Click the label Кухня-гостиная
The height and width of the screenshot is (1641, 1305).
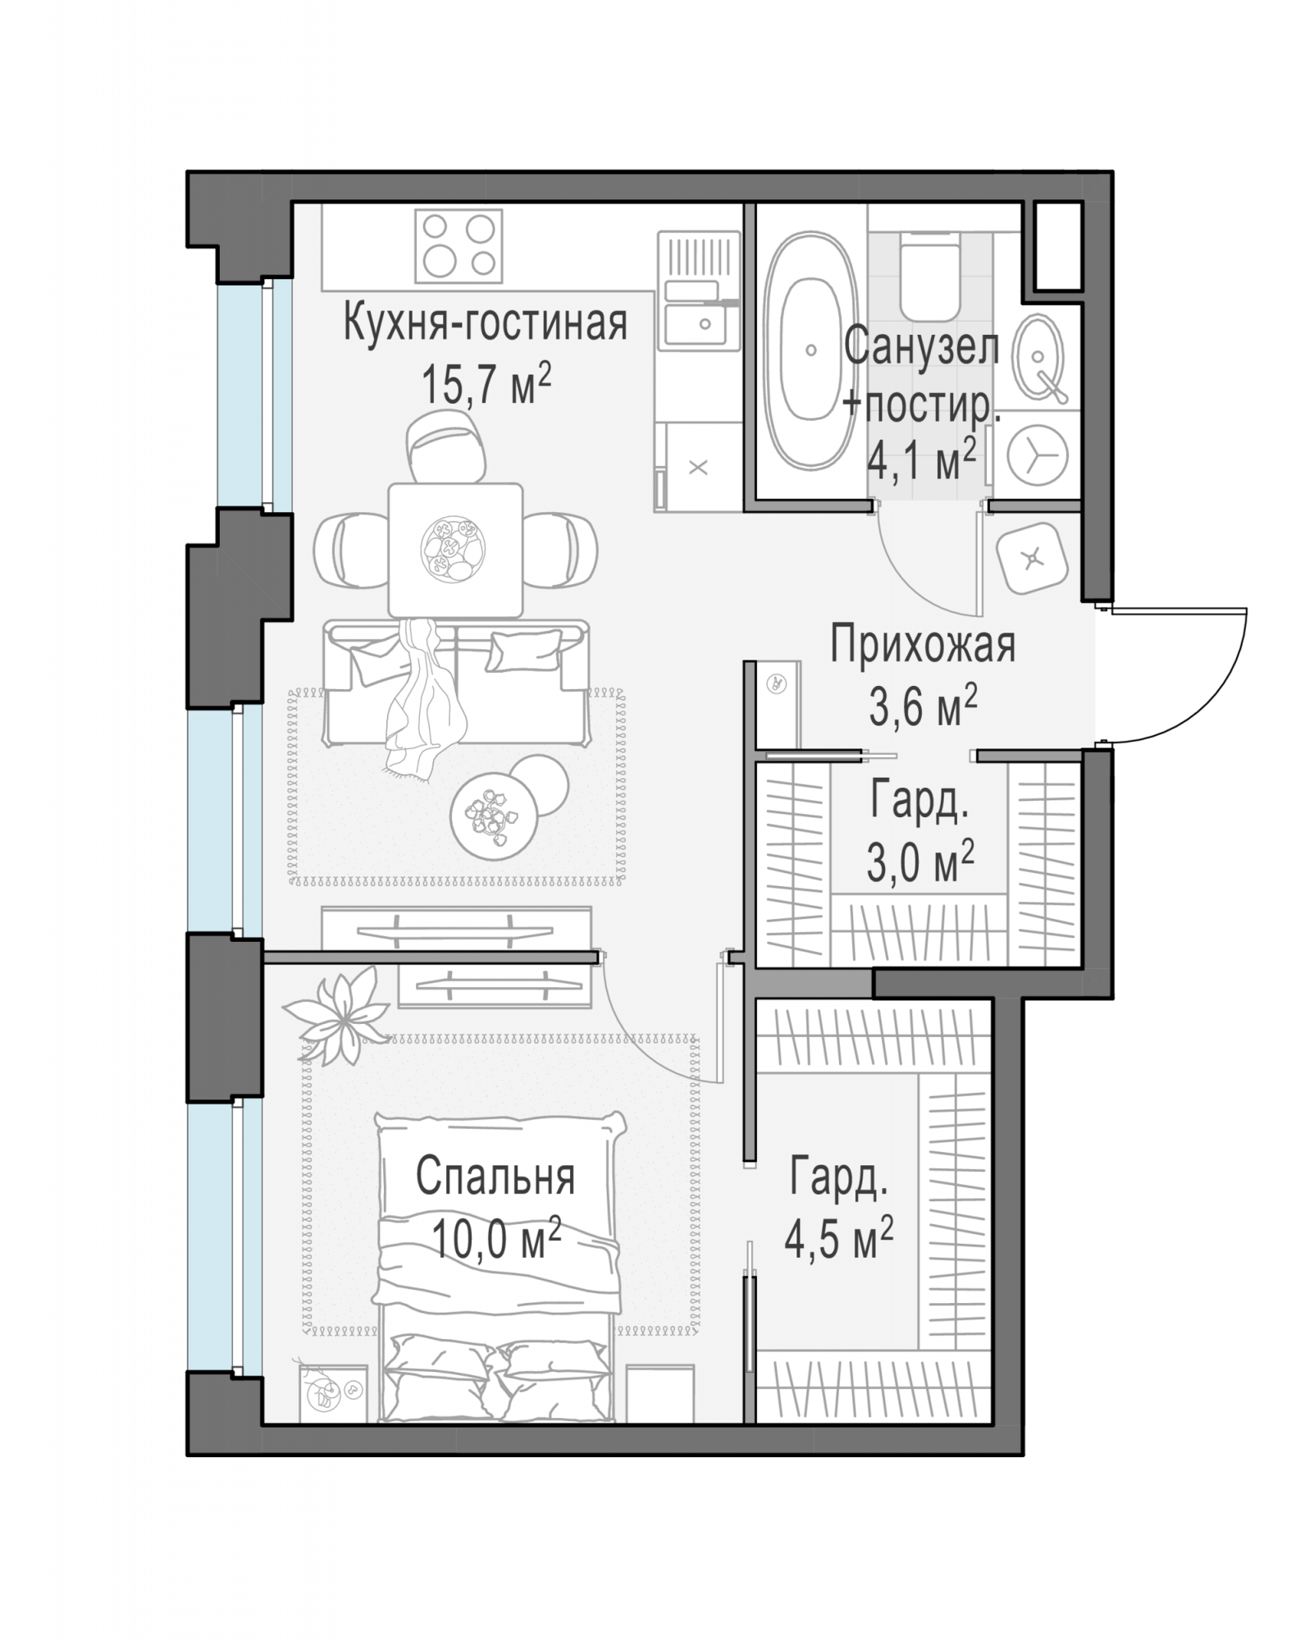(486, 323)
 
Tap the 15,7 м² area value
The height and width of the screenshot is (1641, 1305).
(486, 383)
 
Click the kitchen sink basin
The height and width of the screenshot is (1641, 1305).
(696, 323)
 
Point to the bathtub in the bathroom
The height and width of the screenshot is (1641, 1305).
(810, 350)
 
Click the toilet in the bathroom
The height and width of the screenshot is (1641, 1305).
(930, 275)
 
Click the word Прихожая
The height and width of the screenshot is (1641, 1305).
(922, 645)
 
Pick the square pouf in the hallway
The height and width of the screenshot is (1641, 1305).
(1032, 559)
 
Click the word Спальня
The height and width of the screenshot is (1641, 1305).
(495, 1177)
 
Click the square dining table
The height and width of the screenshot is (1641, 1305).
(455, 550)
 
